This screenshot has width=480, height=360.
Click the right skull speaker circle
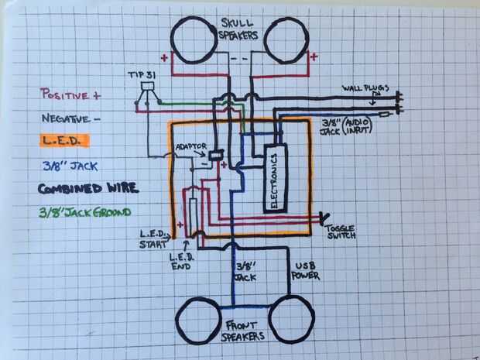pyautogui.click(x=287, y=39)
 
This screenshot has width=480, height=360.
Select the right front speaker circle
pyautogui.click(x=290, y=319)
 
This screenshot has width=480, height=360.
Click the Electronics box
pyautogui.click(x=275, y=179)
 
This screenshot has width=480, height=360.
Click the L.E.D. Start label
pyautogui.click(x=153, y=238)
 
